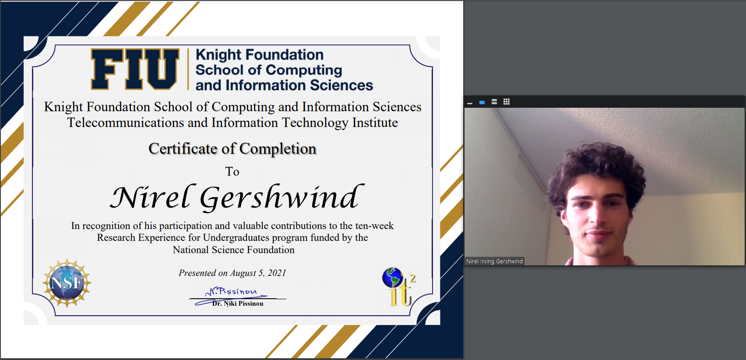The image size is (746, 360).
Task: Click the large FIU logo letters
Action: [135, 69]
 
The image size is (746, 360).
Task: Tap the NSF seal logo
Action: [67, 283]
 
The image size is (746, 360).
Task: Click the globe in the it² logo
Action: [393, 277]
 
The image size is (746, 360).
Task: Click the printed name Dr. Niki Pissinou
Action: [238, 304]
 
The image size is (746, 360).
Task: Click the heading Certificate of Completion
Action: [232, 148]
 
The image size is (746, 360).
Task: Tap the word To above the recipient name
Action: [232, 172]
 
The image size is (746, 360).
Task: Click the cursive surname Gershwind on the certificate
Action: [282, 198]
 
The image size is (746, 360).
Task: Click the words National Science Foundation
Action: [233, 250]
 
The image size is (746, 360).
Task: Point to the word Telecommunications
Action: [126, 123]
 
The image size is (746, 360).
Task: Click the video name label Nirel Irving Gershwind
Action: [494, 261]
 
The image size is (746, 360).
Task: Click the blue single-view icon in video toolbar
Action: [482, 102]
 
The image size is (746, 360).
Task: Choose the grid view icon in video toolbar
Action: [507, 102]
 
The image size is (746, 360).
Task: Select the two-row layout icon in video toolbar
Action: [494, 102]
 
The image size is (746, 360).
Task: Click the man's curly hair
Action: [596, 166]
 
